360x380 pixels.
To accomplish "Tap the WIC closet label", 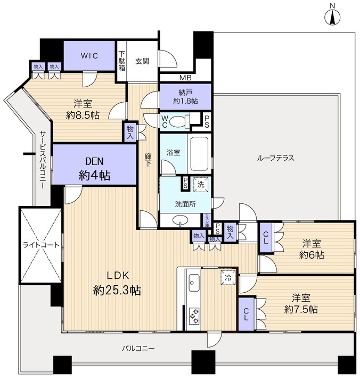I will pyautogui.click(x=89, y=55).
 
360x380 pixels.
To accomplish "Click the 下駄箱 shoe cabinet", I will pyautogui.click(x=122, y=62).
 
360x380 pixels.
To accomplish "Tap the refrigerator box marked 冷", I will pyautogui.click(x=227, y=277).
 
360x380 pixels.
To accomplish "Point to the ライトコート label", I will pyautogui.click(x=40, y=245).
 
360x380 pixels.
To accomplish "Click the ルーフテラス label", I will pyautogui.click(x=275, y=158).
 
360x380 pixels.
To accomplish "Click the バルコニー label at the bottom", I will pyautogui.click(x=137, y=348).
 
